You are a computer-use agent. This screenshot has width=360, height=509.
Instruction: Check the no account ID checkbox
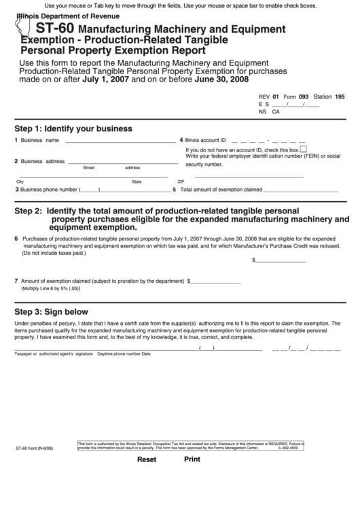[x=303, y=149]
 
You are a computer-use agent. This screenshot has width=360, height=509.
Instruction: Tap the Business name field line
[x=120, y=141]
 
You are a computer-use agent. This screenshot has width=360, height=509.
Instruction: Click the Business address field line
[x=120, y=162]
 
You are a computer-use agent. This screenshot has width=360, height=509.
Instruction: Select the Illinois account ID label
[x=205, y=140]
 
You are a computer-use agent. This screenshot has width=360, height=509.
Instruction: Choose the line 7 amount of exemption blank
[x=215, y=281]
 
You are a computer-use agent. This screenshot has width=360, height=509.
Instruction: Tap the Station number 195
[x=340, y=97]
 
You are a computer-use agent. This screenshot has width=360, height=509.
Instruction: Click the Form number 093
[x=304, y=97]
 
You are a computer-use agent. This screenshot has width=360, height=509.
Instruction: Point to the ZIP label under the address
[x=181, y=182]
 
